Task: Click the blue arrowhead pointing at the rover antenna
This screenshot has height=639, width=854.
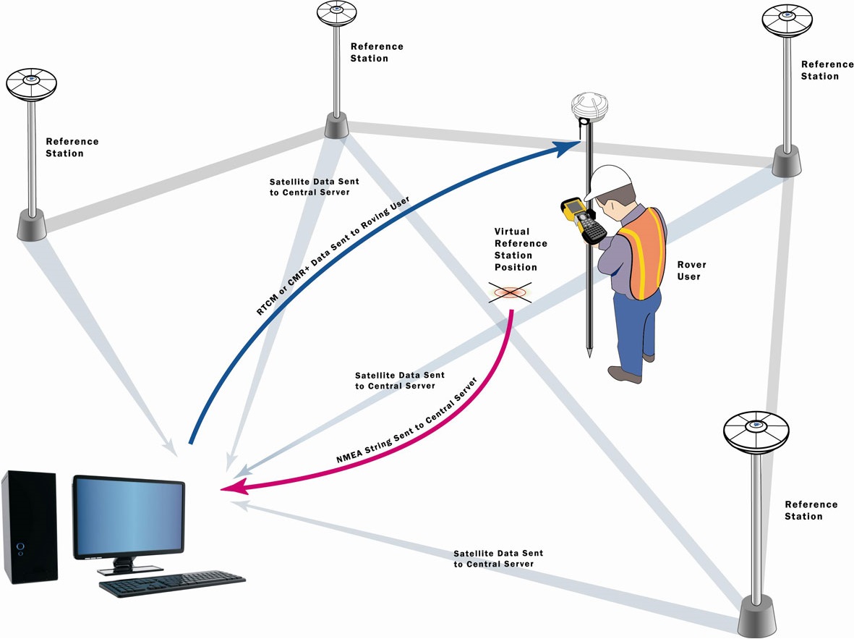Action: [x=568, y=148]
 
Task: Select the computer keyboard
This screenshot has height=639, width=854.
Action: [x=172, y=583]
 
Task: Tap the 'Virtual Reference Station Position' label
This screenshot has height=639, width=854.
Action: [x=521, y=250]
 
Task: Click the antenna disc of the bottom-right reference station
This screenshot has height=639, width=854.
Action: [x=756, y=431]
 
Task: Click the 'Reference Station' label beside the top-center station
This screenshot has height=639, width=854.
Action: [x=376, y=52]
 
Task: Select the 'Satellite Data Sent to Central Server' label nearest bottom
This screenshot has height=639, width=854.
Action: [x=498, y=558]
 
